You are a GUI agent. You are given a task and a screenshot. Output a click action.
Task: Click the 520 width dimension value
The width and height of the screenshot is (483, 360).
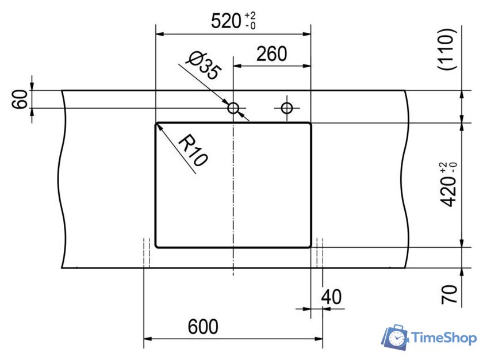(x=225, y=21)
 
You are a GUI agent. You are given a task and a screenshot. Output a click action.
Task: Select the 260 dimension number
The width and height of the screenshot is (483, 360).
(x=271, y=54)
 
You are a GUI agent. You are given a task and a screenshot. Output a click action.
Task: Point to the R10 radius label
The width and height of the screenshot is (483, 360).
(x=192, y=151)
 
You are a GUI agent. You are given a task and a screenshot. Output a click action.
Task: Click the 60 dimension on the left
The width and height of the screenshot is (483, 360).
(x=20, y=99)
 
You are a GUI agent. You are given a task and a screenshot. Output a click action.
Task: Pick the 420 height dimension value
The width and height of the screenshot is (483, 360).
(x=449, y=192)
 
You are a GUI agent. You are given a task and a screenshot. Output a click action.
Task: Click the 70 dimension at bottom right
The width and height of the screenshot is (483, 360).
(x=450, y=294)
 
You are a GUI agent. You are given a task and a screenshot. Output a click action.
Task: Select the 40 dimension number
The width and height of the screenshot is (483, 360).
(x=331, y=297)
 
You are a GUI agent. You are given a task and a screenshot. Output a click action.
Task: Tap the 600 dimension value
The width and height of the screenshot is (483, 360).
(x=203, y=327)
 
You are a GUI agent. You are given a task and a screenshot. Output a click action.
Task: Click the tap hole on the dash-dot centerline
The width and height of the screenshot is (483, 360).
(x=233, y=108)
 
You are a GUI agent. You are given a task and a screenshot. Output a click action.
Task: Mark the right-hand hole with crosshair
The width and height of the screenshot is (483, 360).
(x=286, y=107)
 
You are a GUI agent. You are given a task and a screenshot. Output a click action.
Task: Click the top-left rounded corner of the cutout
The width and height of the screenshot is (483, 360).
(x=158, y=124)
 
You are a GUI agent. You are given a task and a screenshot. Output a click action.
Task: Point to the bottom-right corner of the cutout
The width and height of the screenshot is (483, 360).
(x=309, y=246)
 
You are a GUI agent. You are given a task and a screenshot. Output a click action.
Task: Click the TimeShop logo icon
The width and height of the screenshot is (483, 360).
(x=396, y=338)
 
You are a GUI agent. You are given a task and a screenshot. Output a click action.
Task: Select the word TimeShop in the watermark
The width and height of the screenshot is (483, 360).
(x=444, y=338)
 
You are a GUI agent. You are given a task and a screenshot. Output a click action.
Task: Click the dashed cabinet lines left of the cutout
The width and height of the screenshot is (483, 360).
(x=147, y=253)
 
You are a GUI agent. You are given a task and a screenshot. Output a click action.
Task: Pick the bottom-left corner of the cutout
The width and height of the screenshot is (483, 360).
(x=157, y=246)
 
